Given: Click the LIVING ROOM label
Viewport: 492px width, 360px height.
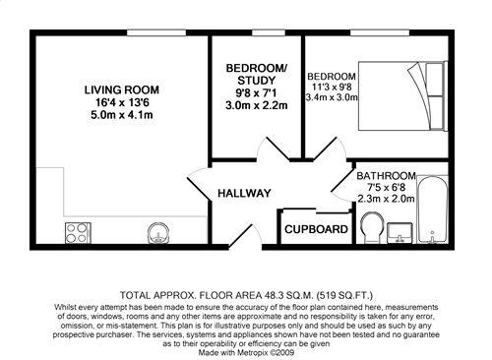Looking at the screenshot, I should click(122, 89).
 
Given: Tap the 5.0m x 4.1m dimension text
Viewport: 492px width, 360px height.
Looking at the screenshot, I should click(122, 115).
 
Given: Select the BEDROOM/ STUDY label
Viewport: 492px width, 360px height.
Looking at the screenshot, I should click(257, 74).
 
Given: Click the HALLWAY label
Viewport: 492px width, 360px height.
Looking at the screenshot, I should click(244, 194).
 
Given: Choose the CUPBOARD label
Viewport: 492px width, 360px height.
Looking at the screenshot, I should click(315, 230).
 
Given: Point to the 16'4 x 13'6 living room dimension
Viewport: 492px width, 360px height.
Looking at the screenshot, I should click(122, 102).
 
